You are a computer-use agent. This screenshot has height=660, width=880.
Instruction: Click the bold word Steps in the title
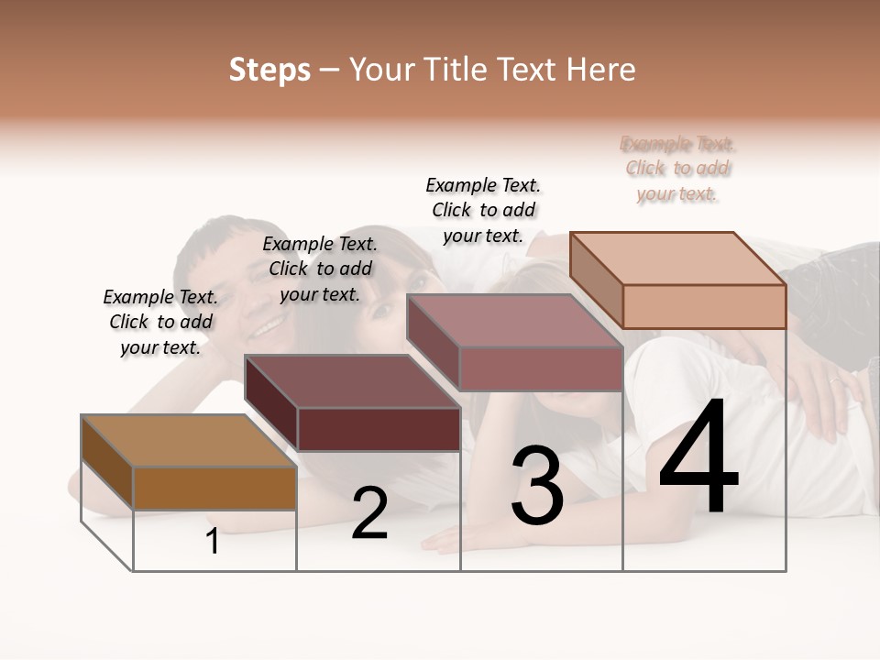(269, 70)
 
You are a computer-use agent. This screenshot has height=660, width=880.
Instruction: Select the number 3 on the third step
(537, 486)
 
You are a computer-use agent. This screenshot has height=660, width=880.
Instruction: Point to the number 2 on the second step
(369, 514)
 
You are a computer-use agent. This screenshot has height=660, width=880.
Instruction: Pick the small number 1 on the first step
(213, 542)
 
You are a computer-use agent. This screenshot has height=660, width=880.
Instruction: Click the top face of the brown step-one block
(188, 441)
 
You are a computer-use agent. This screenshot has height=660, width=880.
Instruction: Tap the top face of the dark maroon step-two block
(352, 381)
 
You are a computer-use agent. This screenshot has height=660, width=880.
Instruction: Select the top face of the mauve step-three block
(514, 321)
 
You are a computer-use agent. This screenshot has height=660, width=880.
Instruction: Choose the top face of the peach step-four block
(677, 258)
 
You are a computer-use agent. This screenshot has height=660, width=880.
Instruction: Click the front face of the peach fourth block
(704, 306)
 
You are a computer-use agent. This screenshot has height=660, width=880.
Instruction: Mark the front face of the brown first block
(214, 488)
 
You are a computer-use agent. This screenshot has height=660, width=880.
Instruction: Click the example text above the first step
(160, 322)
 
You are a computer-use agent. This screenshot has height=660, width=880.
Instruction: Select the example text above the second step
(320, 269)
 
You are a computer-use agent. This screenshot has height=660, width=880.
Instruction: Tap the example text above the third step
(483, 210)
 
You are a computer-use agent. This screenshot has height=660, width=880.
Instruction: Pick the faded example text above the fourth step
(677, 169)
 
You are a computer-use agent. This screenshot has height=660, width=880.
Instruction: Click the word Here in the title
(601, 70)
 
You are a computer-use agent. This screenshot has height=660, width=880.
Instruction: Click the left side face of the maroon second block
(271, 402)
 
